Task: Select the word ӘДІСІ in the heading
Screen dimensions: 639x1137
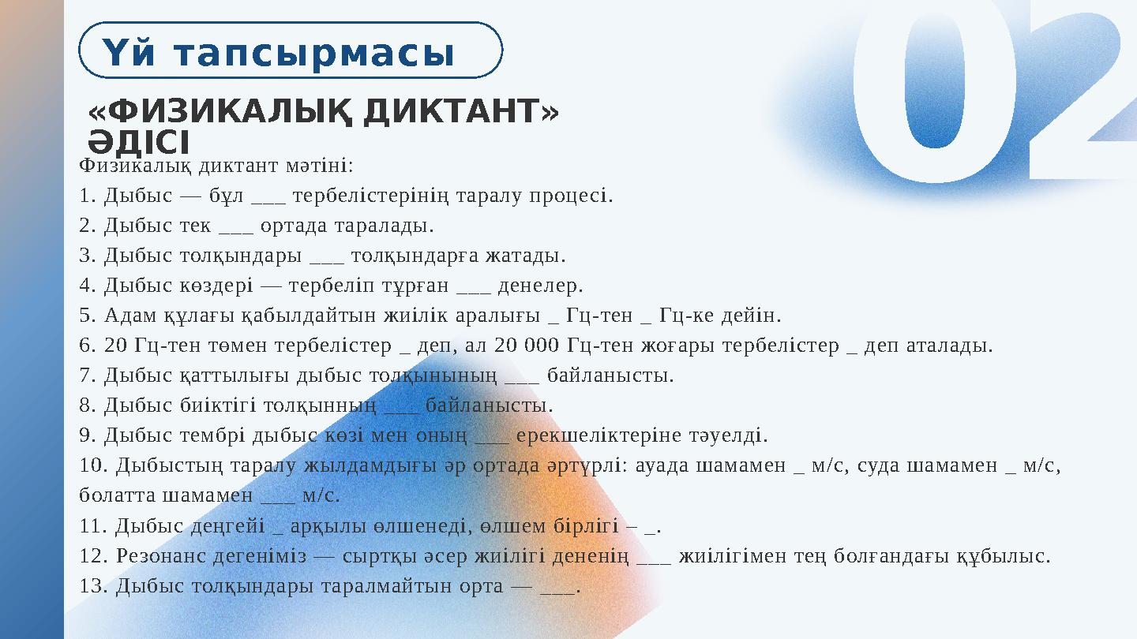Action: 139,143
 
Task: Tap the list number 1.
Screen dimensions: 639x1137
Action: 86,196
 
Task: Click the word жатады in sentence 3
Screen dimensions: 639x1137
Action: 532,256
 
